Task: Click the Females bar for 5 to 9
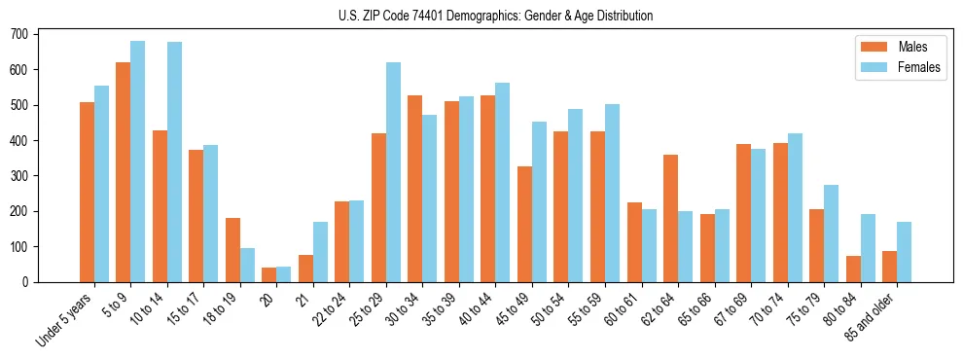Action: coord(138,162)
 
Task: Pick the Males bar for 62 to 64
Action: coord(670,218)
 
